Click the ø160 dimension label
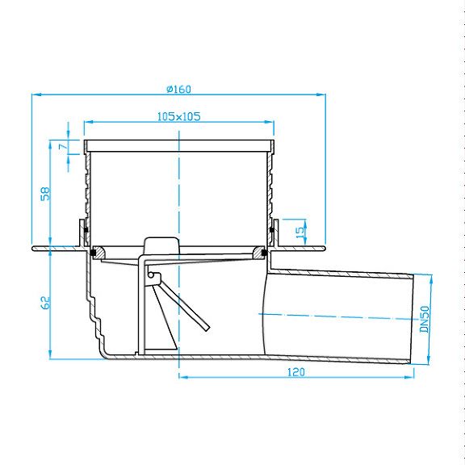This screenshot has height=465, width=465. tap(179, 89)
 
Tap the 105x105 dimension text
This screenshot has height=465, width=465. tap(179, 116)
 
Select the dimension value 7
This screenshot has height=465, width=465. tap(64, 147)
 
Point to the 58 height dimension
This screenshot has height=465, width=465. tap(45, 194)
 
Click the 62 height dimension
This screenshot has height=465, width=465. tap(45, 303)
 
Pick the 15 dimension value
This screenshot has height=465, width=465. tap(300, 230)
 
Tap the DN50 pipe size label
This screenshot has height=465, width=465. tap(425, 319)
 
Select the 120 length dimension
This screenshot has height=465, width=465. tap(296, 372)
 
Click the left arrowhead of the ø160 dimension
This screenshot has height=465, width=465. tap(36, 94)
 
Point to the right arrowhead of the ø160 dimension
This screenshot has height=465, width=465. tap(321, 94)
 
